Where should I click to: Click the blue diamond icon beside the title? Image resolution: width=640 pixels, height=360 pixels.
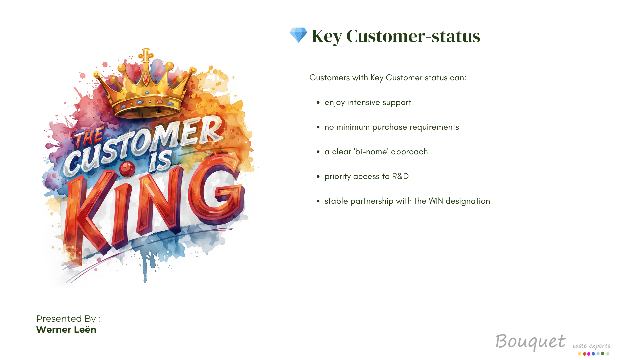point(298,35)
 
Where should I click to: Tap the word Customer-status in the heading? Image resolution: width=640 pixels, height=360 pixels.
point(413,36)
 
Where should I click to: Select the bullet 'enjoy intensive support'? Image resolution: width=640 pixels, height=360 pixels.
point(368,103)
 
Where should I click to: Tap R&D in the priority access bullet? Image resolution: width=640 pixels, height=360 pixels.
point(400,176)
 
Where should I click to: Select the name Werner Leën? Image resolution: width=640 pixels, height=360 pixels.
point(66,330)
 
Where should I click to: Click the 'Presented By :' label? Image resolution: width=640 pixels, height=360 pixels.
point(68,319)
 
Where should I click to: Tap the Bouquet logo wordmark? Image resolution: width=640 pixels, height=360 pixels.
point(530,342)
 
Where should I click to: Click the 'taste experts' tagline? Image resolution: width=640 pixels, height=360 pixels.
point(591,346)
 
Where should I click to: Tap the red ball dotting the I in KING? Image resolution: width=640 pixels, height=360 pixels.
point(127,169)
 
